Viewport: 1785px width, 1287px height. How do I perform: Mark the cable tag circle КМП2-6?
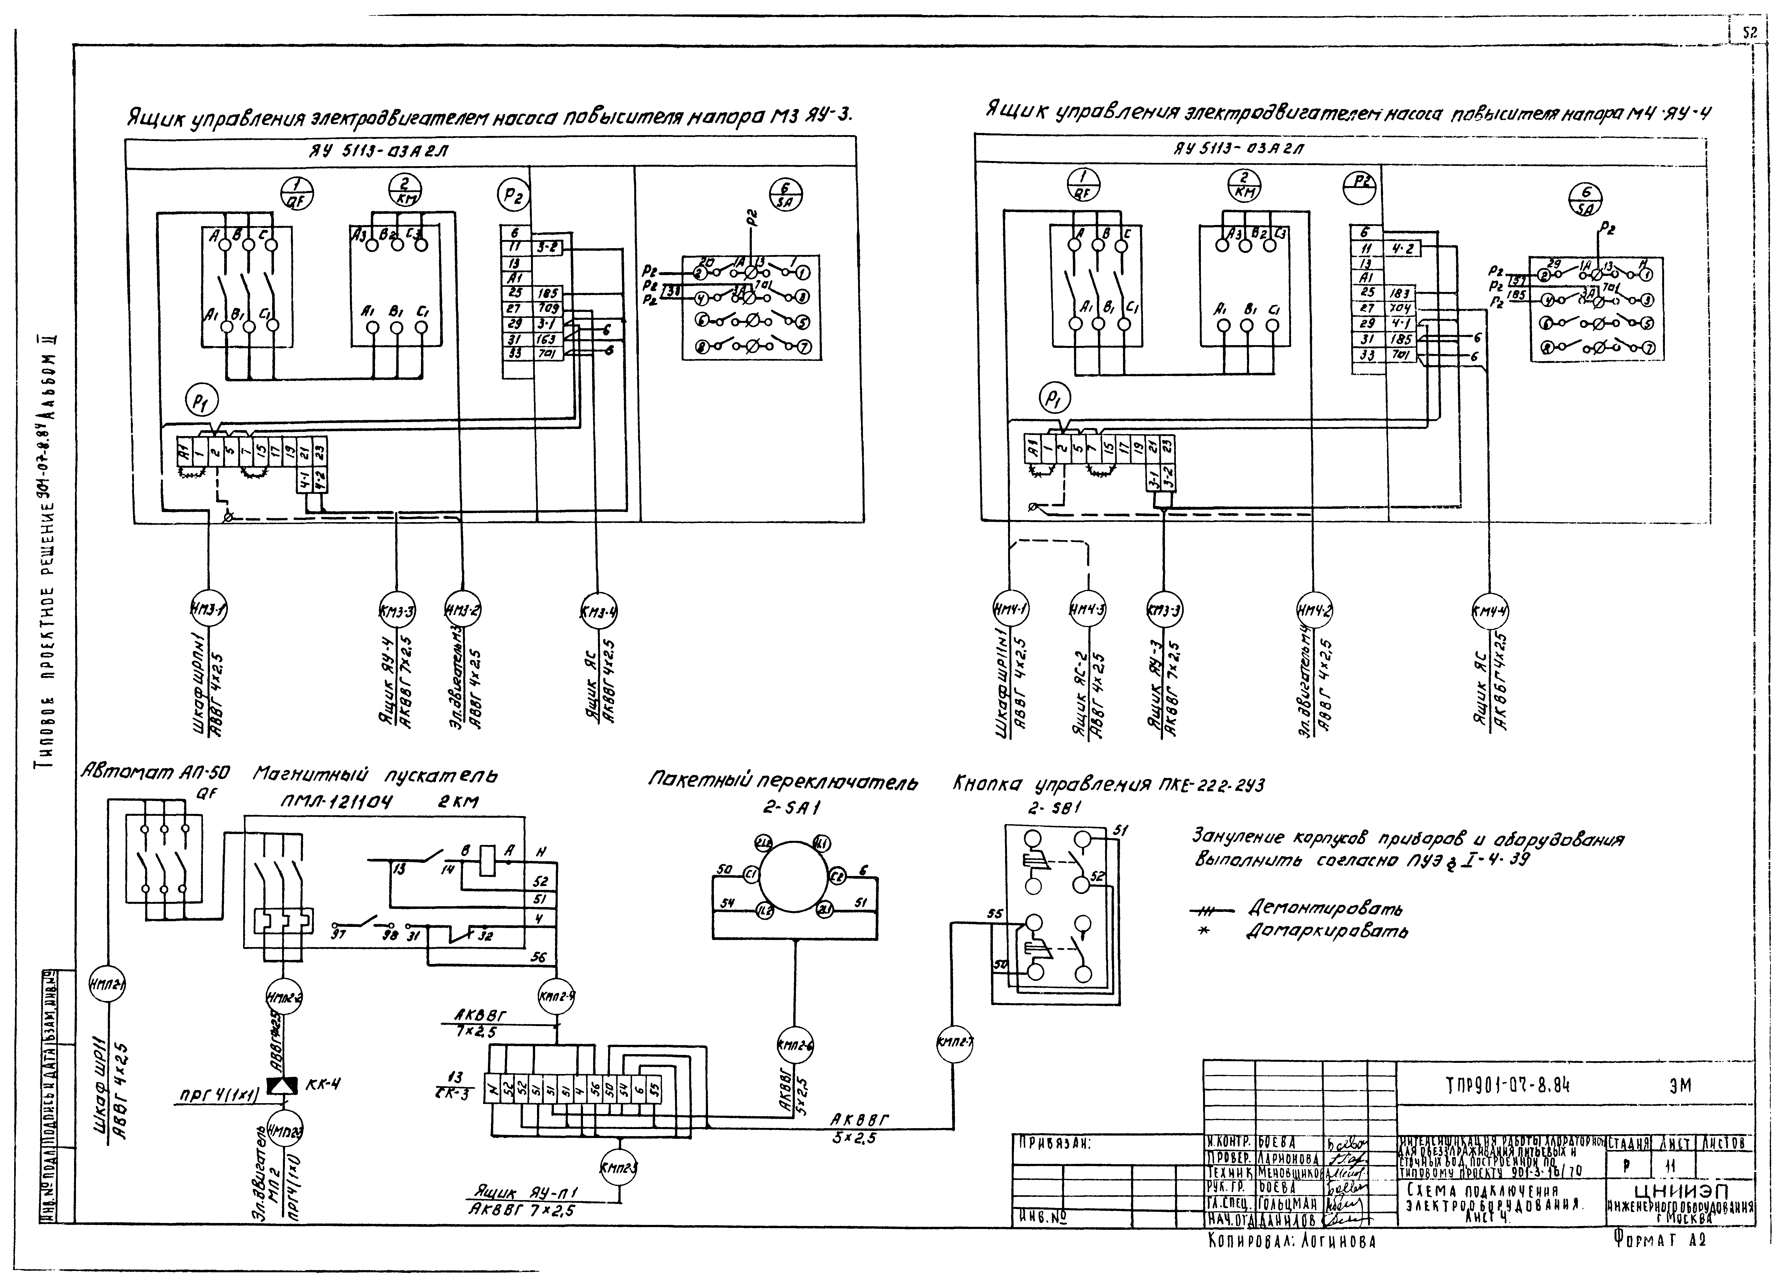[796, 1047]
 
